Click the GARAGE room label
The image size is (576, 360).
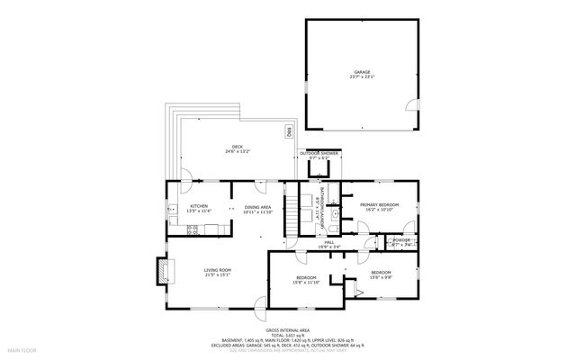point(362,72)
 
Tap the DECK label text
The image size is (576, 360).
point(238,147)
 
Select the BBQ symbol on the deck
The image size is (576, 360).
point(289,132)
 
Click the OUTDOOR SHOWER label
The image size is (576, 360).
point(319,153)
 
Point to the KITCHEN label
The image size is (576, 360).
point(198,206)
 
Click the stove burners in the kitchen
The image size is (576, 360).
point(192,229)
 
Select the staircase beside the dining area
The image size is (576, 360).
point(292,214)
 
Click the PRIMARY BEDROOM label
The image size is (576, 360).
point(379,205)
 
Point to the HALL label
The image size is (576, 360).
point(330,242)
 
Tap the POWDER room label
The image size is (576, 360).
point(401,239)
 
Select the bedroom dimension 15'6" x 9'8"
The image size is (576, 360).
point(380,276)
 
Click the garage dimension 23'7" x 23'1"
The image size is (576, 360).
point(362,77)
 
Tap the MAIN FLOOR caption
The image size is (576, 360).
point(22,348)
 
